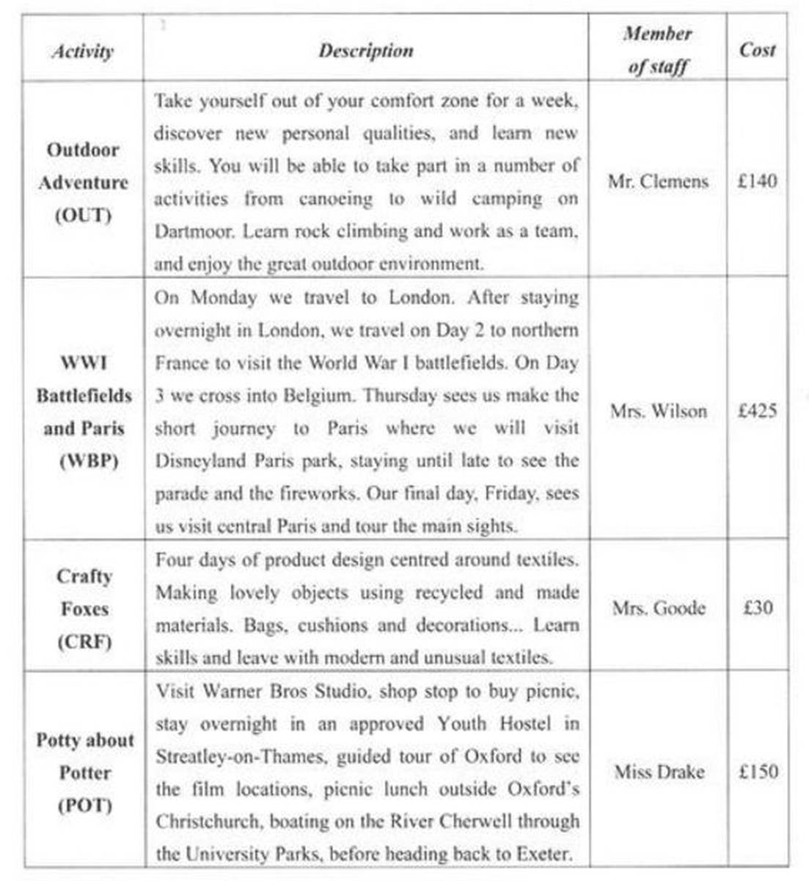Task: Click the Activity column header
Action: click(82, 51)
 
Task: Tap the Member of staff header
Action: click(658, 50)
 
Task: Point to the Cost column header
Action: click(757, 50)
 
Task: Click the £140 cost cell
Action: click(757, 181)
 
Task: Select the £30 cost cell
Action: click(757, 608)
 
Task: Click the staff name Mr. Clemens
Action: click(658, 181)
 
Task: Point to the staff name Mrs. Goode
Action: click(658, 608)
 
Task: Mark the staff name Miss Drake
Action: click(659, 772)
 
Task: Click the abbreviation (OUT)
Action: click(84, 216)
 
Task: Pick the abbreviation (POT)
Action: click(85, 805)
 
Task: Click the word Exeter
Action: click(543, 854)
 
